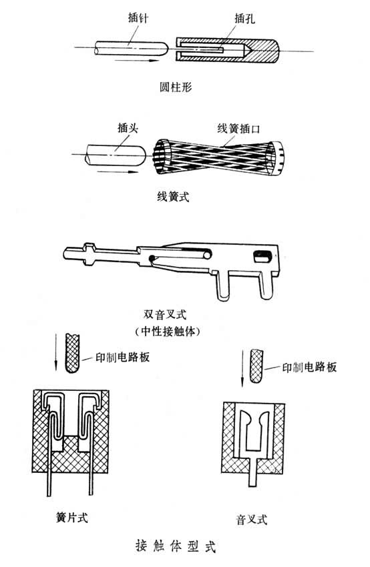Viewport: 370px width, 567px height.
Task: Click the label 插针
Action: click(x=138, y=17)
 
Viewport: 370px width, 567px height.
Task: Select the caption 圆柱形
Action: click(x=176, y=87)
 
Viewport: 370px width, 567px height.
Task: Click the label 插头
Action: click(x=128, y=128)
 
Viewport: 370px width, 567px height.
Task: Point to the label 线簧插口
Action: click(x=238, y=128)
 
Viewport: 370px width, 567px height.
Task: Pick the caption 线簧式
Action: click(x=173, y=197)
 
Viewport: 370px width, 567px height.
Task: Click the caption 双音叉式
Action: click(x=165, y=314)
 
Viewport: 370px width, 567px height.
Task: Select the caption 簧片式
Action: click(x=71, y=518)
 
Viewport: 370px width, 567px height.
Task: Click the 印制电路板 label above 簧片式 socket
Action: click(x=122, y=358)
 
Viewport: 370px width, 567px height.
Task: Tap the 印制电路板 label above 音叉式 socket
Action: click(x=309, y=368)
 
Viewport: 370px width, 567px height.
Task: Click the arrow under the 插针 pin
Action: click(x=137, y=61)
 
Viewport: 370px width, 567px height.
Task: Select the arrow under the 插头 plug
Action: click(x=118, y=171)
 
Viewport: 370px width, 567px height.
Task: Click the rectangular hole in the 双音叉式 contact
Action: click(x=262, y=257)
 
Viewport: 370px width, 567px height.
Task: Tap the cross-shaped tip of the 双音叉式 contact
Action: click(x=89, y=254)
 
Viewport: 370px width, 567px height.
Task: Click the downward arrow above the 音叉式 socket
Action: click(x=242, y=368)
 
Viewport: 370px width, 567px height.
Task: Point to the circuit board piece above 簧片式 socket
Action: click(x=71, y=354)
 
